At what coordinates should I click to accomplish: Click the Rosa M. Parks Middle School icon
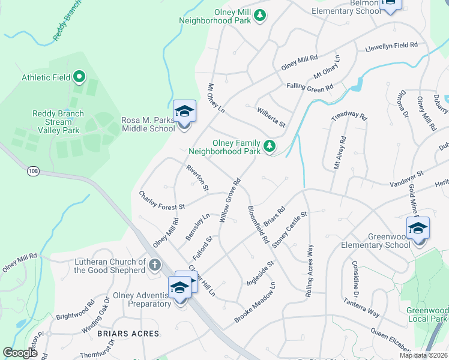184,112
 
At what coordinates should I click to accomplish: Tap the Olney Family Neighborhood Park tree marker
270,145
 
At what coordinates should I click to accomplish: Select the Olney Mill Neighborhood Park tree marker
260,15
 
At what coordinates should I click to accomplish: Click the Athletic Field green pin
79,77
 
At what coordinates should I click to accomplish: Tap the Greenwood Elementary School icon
418,229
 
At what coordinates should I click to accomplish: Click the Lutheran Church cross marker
155,263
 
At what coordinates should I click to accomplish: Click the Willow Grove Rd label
230,201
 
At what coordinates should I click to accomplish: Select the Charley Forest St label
161,200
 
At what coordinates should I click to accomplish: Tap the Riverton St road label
197,178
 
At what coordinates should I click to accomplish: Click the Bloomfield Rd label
258,225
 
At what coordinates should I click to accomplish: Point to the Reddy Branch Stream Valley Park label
58,122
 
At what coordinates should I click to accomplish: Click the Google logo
20,353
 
